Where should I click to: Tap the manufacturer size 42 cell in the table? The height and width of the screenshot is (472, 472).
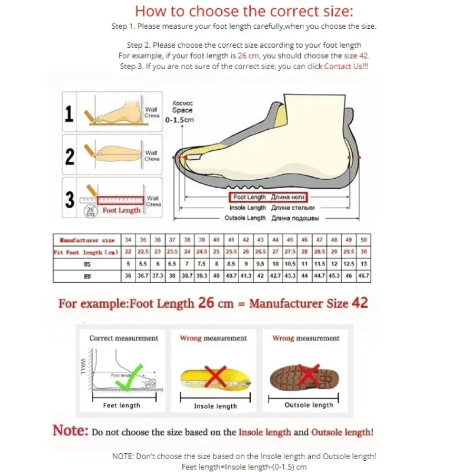[x=246, y=240]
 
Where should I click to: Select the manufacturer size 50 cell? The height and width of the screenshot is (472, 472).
[x=363, y=240]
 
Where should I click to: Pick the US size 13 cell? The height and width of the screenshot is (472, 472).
[x=363, y=264]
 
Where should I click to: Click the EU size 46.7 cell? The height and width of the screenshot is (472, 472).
[x=363, y=276]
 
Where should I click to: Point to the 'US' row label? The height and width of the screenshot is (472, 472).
[x=87, y=264]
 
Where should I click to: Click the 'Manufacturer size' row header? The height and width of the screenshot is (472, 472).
[x=87, y=240]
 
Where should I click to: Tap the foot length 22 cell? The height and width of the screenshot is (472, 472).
[x=128, y=253]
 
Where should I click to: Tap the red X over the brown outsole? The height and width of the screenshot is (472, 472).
[x=308, y=373]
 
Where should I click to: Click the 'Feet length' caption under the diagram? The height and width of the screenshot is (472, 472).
[x=122, y=405]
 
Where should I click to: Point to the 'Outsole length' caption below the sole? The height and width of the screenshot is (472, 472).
[x=309, y=405]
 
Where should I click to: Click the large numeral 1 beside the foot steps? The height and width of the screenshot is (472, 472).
[x=69, y=114]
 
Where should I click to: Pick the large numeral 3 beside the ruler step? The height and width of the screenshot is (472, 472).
[x=70, y=199]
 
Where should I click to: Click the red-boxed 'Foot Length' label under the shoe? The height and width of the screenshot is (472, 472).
[x=268, y=197]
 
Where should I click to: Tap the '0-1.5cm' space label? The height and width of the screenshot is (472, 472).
[x=180, y=120]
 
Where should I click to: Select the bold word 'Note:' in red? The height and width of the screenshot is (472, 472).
[x=70, y=431]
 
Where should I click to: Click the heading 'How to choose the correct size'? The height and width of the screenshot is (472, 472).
[x=244, y=11]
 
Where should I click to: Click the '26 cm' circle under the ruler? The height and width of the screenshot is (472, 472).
[x=90, y=212]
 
